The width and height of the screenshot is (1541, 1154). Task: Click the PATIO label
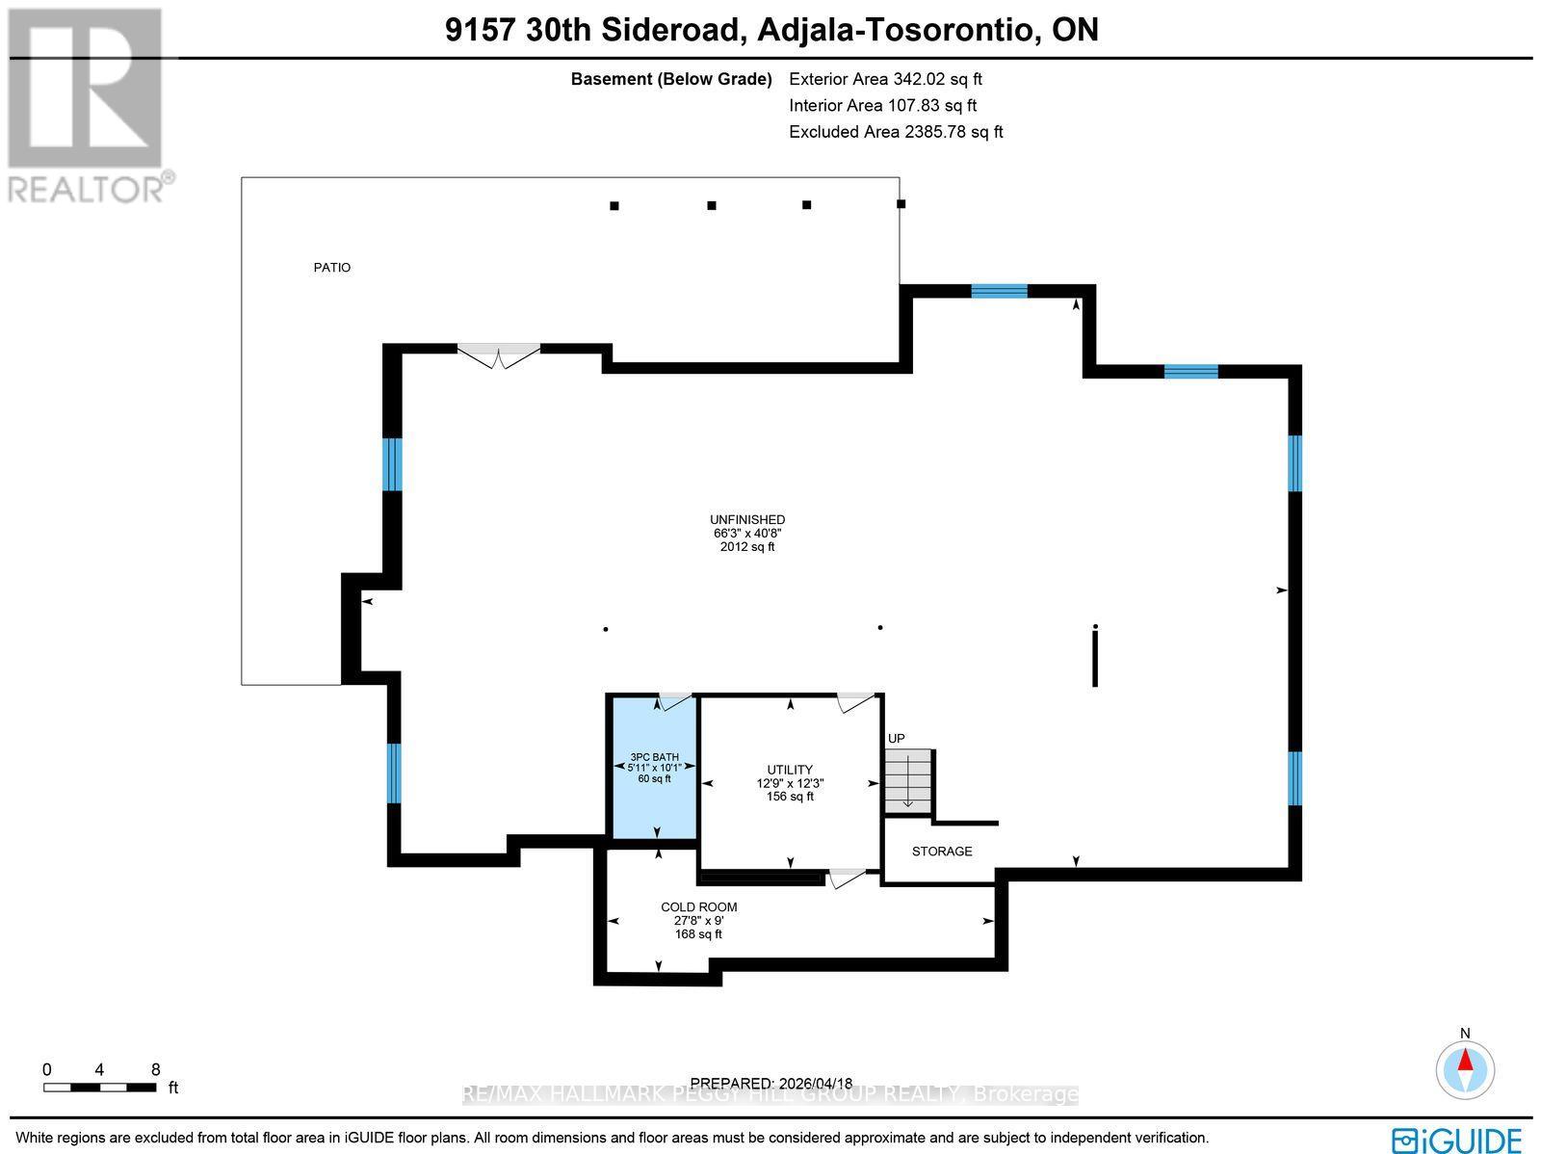tap(332, 268)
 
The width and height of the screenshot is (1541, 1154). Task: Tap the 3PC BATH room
tap(655, 768)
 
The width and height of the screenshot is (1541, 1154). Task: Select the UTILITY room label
tap(790, 770)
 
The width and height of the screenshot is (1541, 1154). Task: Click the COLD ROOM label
tap(698, 907)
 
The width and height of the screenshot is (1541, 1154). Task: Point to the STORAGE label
tap(942, 852)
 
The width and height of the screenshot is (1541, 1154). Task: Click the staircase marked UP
tap(909, 780)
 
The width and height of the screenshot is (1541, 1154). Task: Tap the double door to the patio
tap(498, 355)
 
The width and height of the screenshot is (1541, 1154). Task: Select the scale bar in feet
tap(99, 1088)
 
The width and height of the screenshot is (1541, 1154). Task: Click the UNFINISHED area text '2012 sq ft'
tap(747, 547)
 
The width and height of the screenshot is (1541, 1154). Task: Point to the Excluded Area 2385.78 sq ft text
tap(896, 132)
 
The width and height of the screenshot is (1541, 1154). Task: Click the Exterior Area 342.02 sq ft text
tap(885, 80)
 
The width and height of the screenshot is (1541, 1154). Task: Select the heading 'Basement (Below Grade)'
tap(671, 80)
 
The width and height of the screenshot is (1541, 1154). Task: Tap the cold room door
tap(847, 877)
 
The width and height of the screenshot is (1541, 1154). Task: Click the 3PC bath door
tap(674, 700)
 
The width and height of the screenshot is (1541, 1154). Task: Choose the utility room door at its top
tap(854, 701)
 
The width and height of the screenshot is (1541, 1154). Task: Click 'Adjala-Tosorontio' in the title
tap(897, 31)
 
